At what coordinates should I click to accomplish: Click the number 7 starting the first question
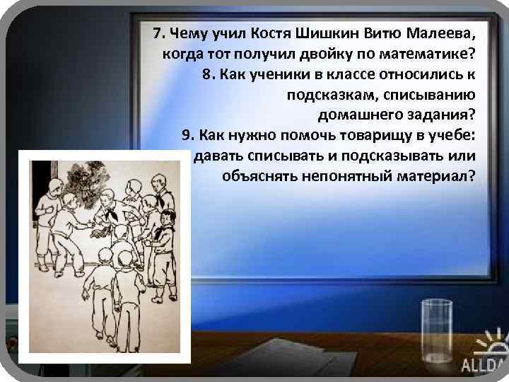[x=157, y=33]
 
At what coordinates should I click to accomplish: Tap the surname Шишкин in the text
[x=323, y=33]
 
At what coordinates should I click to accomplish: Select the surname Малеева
[x=440, y=33]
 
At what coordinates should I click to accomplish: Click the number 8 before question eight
[x=207, y=74]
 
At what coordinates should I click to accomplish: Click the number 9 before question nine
[x=187, y=134]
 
